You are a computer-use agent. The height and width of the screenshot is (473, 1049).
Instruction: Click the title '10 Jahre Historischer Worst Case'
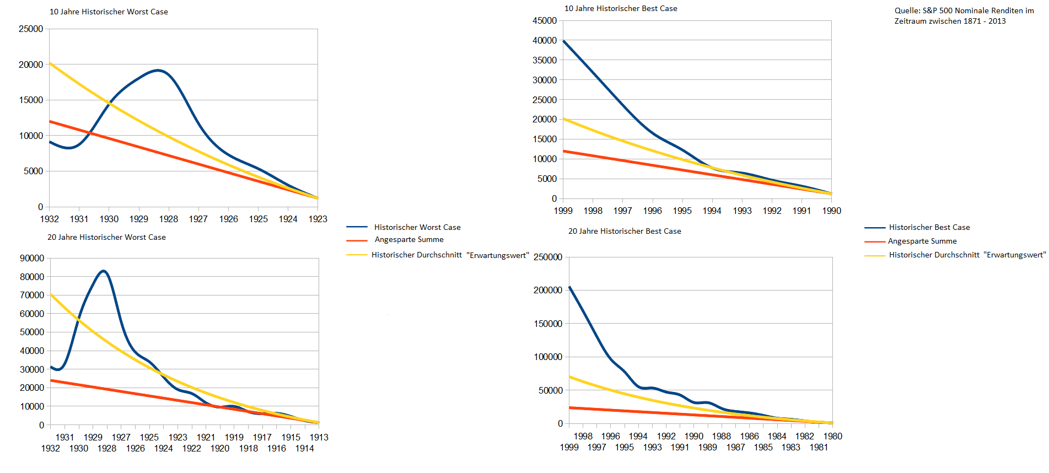pos(109,12)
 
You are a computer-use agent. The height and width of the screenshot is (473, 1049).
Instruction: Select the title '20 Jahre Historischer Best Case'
pos(625,231)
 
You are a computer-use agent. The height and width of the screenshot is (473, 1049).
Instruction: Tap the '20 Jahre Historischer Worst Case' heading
pos(106,237)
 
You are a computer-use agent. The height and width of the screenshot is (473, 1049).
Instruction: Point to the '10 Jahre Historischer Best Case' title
pos(621,8)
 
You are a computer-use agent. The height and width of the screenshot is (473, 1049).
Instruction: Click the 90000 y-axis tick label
pos(32,258)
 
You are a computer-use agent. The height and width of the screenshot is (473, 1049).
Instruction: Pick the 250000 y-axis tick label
pos(548,257)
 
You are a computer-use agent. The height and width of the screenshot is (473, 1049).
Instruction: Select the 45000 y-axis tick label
pos(545,20)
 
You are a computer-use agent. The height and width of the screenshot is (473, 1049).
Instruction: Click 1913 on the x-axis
pos(319,437)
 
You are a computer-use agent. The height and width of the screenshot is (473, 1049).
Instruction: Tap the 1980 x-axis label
pos(832,436)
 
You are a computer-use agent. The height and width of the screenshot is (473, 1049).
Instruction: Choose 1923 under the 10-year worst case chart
pos(318,219)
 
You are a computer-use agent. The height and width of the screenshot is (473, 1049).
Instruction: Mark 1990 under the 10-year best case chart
pos(831,211)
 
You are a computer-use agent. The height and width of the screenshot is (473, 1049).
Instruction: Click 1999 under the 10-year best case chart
pos(563,211)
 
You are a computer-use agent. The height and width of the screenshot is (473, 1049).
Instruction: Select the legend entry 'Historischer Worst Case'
pos(417,227)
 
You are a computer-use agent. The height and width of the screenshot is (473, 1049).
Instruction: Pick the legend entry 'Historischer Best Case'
pos(929,227)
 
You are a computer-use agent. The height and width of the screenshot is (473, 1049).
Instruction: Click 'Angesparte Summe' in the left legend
pos(409,239)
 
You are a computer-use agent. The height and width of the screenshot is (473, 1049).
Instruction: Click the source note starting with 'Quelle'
pos(964,15)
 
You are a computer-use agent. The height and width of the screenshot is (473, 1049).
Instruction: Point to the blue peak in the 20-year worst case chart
pos(103,271)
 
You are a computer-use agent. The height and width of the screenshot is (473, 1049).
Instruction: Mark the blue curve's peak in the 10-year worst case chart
pos(158,70)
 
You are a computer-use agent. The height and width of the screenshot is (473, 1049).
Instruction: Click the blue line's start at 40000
pos(564,41)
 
